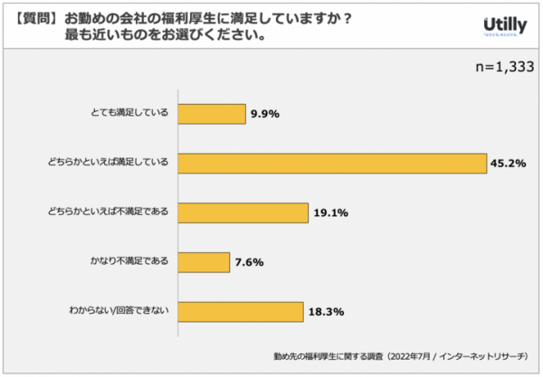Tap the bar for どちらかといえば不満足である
pyautogui.click(x=243, y=213)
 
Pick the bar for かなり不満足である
pyautogui.click(x=204, y=262)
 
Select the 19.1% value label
pyautogui.click(x=330, y=213)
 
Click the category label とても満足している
pyautogui.click(x=129, y=114)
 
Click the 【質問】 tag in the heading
pyautogui.click(x=36, y=17)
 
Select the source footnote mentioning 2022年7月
pyautogui.click(x=397, y=356)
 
